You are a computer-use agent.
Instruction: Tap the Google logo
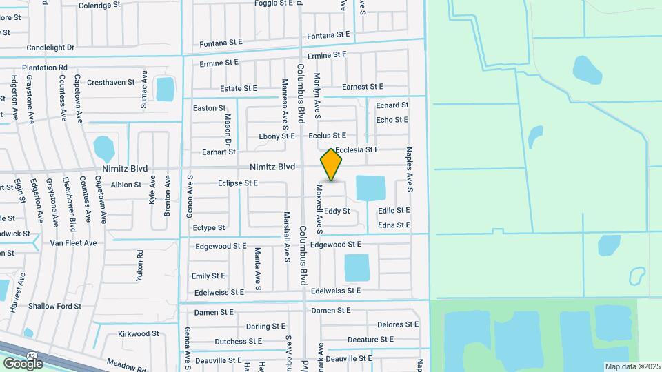point(23,362)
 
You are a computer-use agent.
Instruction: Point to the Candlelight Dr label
point(50,48)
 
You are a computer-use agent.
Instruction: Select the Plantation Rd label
point(44,68)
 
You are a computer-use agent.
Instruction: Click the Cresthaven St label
point(110,82)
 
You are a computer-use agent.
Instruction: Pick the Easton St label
point(209,108)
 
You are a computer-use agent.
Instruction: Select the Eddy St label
point(337,211)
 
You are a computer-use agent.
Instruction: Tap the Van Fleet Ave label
point(73,243)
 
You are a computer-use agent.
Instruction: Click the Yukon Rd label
point(139,265)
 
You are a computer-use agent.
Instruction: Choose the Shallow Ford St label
point(54,306)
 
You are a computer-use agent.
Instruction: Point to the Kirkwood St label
point(138,333)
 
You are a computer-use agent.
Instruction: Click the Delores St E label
point(398,324)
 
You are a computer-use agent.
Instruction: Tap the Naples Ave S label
point(410,168)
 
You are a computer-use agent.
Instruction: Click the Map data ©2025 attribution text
point(632,366)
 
